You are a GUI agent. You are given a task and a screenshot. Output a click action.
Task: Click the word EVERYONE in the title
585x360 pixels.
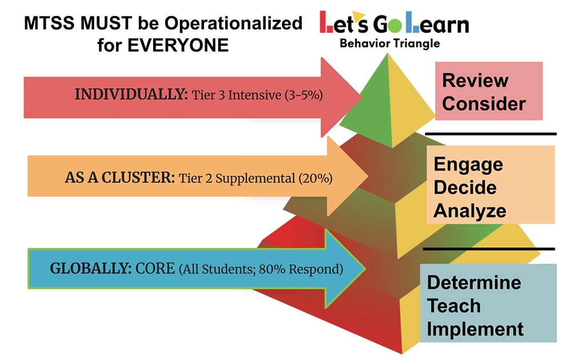(x=178, y=46)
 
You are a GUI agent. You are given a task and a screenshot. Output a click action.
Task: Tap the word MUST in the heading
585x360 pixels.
(x=106, y=23)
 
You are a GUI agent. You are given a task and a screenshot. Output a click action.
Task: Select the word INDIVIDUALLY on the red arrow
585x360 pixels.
(x=131, y=94)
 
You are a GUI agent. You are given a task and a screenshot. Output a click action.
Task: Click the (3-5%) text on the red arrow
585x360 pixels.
(x=304, y=95)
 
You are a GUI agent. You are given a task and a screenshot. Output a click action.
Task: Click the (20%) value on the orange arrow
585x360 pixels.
(x=315, y=178)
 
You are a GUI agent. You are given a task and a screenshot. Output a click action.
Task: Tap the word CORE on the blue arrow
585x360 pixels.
(x=155, y=268)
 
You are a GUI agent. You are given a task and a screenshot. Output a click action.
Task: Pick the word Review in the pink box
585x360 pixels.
(x=475, y=81)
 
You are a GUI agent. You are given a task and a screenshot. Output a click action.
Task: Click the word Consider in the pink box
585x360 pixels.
(x=484, y=103)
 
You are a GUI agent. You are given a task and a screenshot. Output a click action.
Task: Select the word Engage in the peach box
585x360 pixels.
(x=468, y=165)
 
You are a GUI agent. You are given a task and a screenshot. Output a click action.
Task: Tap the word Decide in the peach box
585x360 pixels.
(x=465, y=187)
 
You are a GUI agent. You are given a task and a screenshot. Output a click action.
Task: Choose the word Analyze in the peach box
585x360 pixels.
(x=470, y=211)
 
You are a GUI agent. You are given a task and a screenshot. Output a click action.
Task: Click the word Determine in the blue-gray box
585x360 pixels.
(x=474, y=283)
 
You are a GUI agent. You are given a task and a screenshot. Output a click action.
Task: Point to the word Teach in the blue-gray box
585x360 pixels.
(x=454, y=306)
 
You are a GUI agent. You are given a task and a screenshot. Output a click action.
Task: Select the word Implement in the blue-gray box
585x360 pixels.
(x=475, y=329)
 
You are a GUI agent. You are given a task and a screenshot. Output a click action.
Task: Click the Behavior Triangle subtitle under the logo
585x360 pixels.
(x=390, y=43)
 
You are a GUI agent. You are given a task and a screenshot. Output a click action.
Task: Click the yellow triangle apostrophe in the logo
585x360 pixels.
(x=358, y=15)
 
